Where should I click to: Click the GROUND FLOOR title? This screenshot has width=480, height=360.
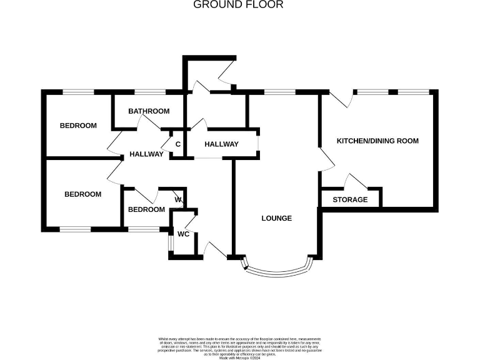[x=238, y=5]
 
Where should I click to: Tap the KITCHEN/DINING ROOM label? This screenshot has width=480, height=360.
[x=377, y=141]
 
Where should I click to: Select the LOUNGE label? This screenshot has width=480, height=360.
[x=277, y=218]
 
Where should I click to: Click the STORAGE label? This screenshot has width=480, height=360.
[x=350, y=200]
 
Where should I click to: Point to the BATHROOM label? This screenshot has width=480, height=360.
[x=149, y=111]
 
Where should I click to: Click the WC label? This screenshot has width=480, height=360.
[x=183, y=234]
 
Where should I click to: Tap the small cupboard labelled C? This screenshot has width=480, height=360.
[x=177, y=144]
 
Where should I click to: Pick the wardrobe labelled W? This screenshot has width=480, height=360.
[x=178, y=200]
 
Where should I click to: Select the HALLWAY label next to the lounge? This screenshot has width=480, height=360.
[x=222, y=144]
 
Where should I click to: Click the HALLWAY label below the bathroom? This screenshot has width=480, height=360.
[x=147, y=154]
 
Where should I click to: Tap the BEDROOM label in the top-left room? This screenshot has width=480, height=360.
[x=78, y=126]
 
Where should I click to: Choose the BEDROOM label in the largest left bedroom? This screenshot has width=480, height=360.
[x=83, y=194]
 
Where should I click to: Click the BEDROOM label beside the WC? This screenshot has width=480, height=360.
[x=146, y=209]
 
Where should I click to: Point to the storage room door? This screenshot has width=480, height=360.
[x=356, y=182]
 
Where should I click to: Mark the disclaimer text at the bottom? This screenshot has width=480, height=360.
[x=240, y=344]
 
